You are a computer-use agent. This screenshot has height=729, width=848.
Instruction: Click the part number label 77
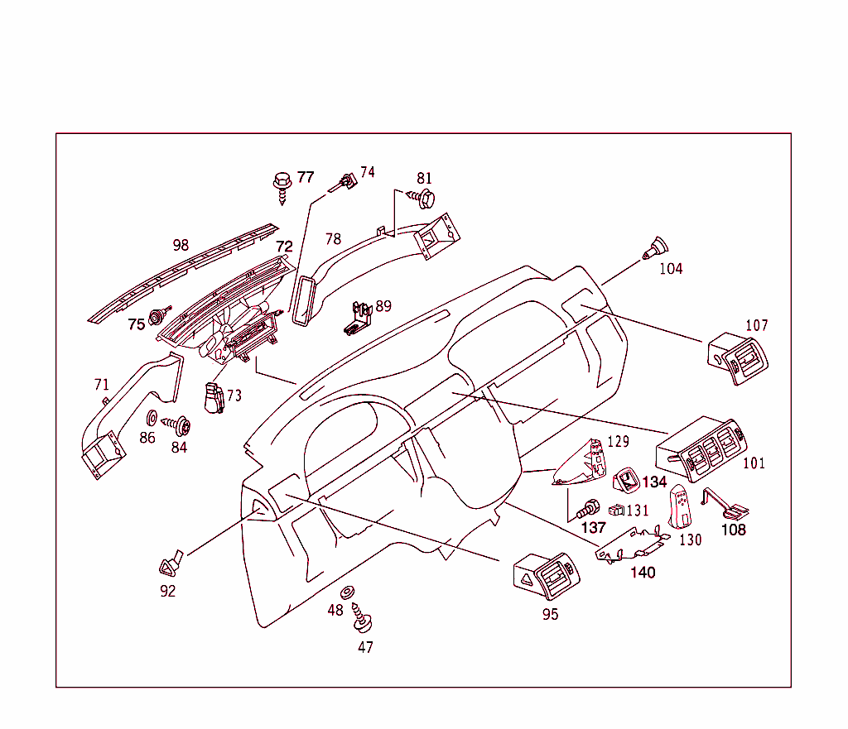click(306, 177)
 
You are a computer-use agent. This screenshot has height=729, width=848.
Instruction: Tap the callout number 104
click(671, 269)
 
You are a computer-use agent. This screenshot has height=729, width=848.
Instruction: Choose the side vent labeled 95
click(549, 575)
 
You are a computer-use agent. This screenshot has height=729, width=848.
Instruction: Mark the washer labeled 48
click(349, 592)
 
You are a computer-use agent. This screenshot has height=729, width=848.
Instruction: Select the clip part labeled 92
click(171, 564)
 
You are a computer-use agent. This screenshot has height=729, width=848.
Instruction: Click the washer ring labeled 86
click(152, 416)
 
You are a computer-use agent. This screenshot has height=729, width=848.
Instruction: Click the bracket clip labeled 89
click(357, 317)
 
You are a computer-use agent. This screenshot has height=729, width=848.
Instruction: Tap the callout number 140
click(643, 572)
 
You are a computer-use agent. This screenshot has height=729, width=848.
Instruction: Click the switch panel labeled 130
click(682, 507)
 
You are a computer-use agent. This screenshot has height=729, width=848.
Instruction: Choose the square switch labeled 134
click(625, 480)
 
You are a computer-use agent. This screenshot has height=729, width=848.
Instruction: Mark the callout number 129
click(619, 442)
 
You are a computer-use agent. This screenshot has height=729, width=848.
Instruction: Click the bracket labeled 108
click(724, 504)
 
